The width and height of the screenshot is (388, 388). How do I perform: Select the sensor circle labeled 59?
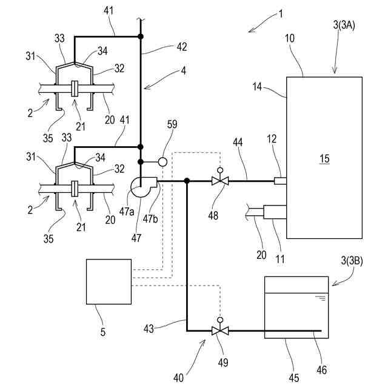point(162,162)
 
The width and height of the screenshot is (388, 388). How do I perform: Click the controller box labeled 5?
point(109,281)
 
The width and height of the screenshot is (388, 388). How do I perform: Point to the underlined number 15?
point(324,159)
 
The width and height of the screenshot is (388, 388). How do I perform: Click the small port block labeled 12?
point(280,181)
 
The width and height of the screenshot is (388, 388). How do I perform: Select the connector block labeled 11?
point(275,212)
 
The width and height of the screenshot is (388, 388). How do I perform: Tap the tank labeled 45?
point(296,307)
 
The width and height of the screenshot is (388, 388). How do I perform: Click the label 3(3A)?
point(344,25)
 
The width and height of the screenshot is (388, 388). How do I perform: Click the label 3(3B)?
point(352,261)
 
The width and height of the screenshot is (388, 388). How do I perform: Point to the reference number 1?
point(281,14)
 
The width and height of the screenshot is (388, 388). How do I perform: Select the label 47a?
point(127,212)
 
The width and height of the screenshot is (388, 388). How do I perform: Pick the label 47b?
point(150,218)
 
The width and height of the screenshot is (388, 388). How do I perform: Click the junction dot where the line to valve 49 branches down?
point(187,181)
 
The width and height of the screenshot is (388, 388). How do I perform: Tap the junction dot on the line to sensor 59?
point(141,162)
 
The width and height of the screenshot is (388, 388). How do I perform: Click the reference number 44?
point(238,142)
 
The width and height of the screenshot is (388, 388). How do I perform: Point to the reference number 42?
point(182,47)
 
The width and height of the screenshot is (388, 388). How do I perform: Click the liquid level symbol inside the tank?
point(321,298)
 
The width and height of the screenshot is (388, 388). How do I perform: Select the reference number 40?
point(178,378)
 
